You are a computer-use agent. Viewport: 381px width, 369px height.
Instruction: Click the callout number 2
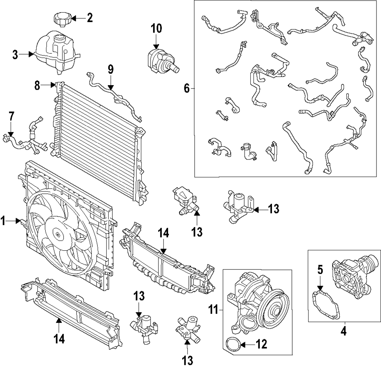(x=90, y=18)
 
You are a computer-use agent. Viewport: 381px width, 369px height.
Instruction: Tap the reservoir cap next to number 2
(x=62, y=19)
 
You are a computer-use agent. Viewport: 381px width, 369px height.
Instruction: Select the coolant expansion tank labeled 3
(x=57, y=52)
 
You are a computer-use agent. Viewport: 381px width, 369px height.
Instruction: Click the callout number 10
(x=156, y=29)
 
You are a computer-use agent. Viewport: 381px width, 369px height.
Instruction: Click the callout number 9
(x=110, y=69)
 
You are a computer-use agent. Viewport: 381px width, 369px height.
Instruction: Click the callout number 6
(x=187, y=89)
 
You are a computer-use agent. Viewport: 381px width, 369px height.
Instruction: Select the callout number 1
(x=3, y=221)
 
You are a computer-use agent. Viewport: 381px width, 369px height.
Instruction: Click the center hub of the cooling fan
(x=58, y=234)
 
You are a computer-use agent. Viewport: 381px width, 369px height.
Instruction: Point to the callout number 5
(x=320, y=270)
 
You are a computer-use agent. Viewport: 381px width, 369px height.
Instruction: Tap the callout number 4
(x=343, y=331)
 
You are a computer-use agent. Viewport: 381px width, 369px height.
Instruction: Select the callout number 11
(x=214, y=310)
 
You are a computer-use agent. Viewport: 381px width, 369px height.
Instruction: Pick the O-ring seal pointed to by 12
(x=234, y=345)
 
